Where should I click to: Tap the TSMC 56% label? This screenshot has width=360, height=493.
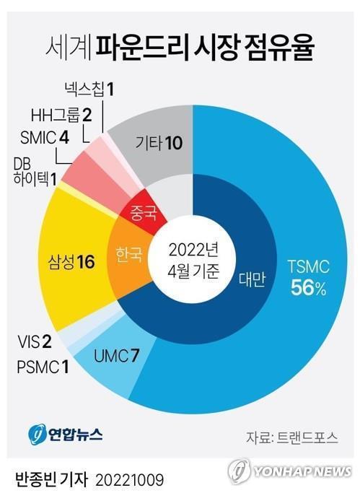click(x=308, y=279)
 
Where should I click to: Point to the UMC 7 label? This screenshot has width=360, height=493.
click(x=116, y=354)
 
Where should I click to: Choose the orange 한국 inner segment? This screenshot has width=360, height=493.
click(x=129, y=256)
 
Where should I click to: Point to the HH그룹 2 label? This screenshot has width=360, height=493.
click(x=61, y=114)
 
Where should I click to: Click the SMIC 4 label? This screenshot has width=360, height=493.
click(x=45, y=137)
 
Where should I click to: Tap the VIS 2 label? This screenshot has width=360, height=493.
click(x=35, y=341)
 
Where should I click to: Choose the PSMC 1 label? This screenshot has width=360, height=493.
click(x=43, y=368)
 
